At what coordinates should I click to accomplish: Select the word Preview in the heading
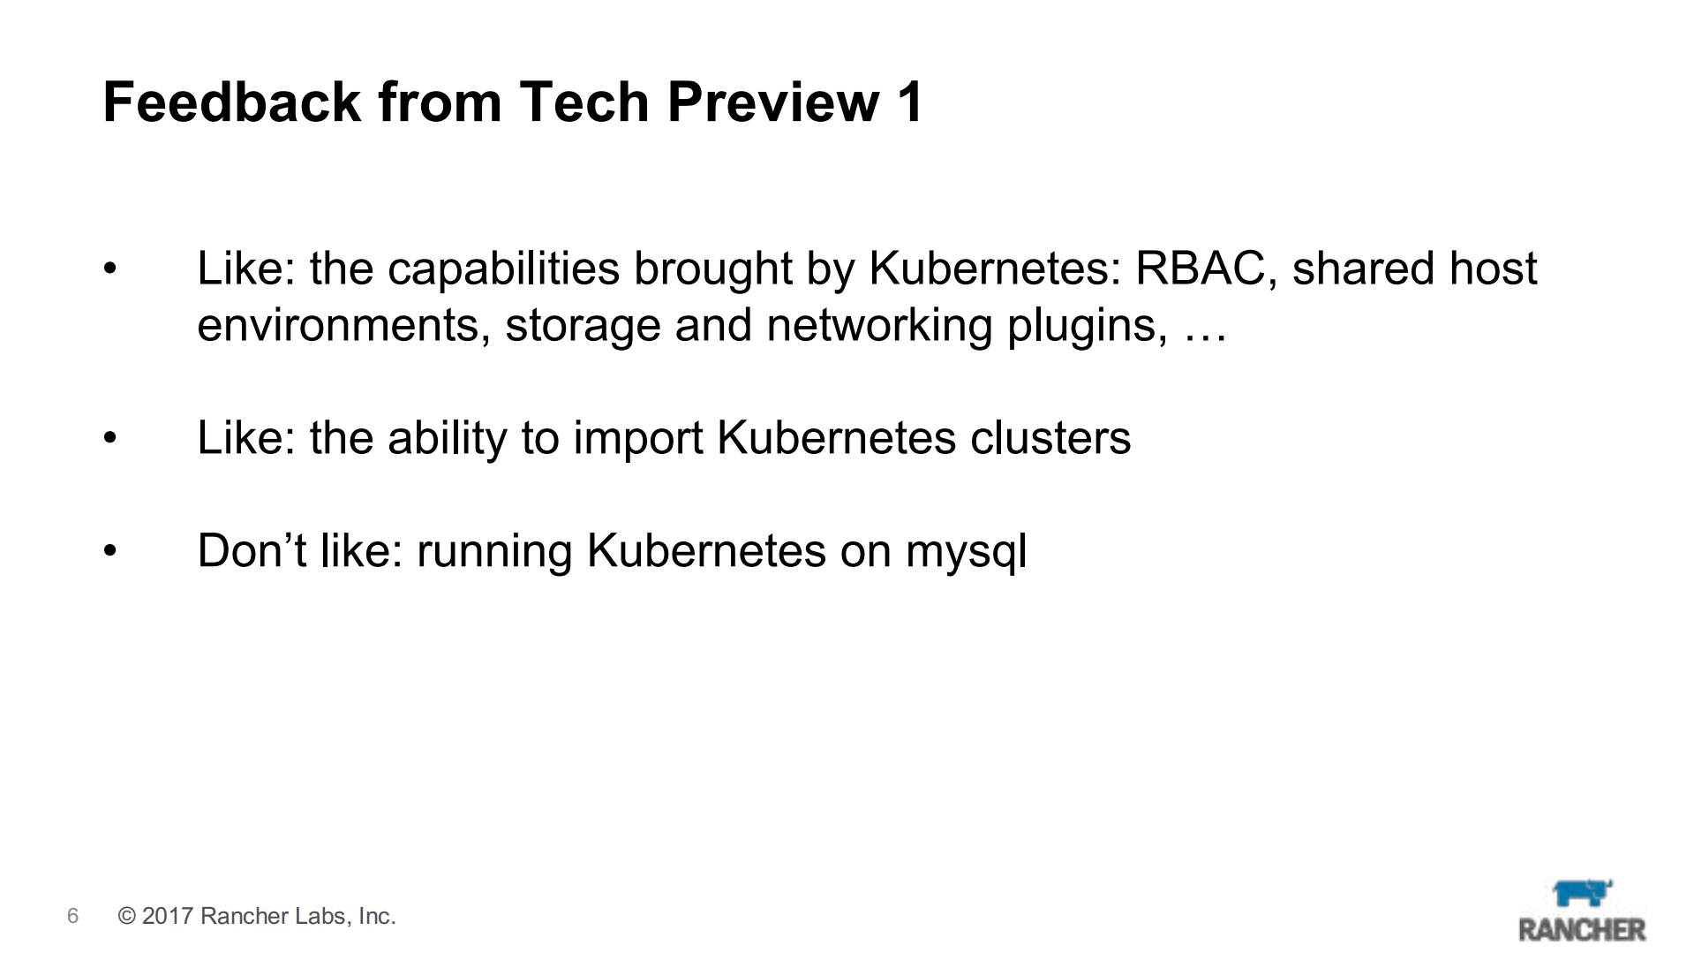click(774, 102)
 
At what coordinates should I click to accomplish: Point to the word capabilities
click(503, 269)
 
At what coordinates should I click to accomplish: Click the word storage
click(583, 326)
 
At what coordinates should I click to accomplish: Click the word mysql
click(967, 552)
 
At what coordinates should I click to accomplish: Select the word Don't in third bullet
click(252, 550)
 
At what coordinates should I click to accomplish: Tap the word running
click(495, 552)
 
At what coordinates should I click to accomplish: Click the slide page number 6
click(72, 916)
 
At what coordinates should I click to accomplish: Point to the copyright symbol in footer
click(127, 916)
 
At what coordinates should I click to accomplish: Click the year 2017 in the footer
click(168, 916)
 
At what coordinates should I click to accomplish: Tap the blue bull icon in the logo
click(1582, 893)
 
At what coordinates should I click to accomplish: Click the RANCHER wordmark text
click(1582, 929)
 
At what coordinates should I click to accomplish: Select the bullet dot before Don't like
click(109, 551)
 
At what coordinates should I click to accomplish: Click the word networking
click(879, 326)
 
